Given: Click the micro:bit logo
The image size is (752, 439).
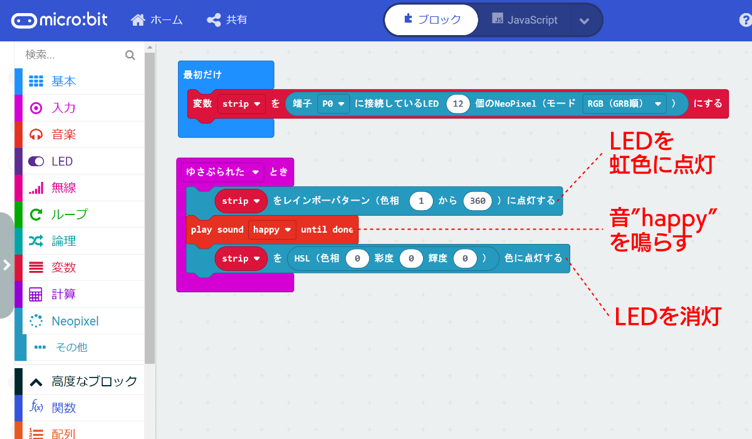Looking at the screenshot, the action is coord(59,20).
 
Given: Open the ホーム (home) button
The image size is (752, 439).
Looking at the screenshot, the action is coord(157,20).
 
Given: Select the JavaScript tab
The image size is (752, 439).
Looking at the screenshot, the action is coord(525,20).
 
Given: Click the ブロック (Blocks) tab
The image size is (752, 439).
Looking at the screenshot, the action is coord(432,20).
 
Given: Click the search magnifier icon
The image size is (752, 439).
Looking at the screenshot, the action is coord(130,55).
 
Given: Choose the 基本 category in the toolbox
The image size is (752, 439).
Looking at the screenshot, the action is coord(63,82).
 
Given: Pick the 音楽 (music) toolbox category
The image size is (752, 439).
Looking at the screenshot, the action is coord(63,135).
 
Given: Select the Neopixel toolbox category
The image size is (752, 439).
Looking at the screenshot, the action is coord(75,321).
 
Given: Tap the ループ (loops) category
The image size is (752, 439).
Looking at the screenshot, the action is coord(69,214).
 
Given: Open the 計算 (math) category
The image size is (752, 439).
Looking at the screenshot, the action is coord(63,294).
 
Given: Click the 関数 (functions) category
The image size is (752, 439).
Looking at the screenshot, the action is coord(63,408).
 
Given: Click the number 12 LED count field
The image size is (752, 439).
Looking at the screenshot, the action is coord(458,103).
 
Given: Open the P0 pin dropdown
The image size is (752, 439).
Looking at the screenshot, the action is coord(333,103).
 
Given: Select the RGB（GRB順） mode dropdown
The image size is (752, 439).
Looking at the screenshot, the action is coord(624,103).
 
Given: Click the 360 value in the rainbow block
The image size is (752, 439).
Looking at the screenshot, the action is coord(477,201).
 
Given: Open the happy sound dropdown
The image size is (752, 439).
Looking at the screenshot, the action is coord(272,230).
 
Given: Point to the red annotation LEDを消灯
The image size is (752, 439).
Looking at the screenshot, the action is coord(667,316).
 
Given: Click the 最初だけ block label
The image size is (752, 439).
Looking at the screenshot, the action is coord(202,75).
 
